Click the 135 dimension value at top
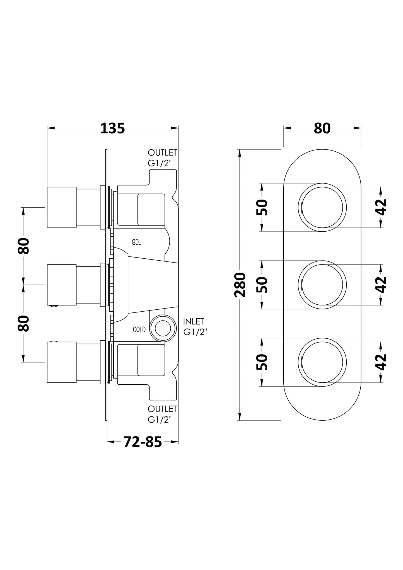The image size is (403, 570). (112, 128)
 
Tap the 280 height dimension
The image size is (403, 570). (240, 285)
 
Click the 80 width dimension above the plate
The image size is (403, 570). (322, 128)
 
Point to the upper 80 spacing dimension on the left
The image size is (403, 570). (23, 246)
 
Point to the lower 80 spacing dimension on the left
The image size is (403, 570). (23, 323)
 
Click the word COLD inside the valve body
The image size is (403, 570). (139, 330)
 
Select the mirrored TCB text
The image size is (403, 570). (137, 242)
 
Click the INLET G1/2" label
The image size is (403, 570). (195, 327)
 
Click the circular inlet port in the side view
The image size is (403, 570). (163, 328)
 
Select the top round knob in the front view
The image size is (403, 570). (322, 207)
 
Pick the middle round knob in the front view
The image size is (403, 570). (322, 285)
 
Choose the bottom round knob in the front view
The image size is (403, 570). (322, 362)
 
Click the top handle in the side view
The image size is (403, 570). (62, 207)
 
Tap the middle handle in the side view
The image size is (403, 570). (62, 285)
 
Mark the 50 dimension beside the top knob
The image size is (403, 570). (262, 207)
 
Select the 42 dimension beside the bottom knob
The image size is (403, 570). (381, 362)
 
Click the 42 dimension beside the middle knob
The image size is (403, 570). (381, 285)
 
